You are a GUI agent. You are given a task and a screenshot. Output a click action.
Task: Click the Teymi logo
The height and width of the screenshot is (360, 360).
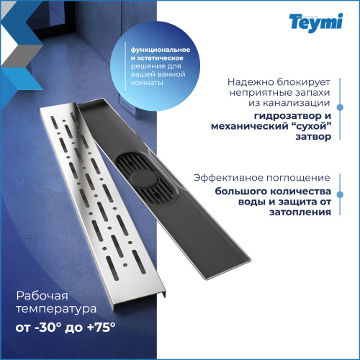(316, 23)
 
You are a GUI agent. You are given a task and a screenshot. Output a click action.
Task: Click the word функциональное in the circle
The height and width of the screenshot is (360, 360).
(161, 50)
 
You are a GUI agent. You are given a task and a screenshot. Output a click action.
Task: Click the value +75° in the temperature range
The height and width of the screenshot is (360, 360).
(102, 327)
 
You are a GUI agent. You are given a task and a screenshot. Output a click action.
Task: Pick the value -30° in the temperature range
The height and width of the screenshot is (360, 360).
(48, 327)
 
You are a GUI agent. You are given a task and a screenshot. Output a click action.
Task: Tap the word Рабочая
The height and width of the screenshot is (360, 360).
(42, 296)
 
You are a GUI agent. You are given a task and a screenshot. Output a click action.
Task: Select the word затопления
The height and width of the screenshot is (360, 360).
(300, 212)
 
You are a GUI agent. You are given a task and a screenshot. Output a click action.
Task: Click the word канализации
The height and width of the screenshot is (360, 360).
(289, 103)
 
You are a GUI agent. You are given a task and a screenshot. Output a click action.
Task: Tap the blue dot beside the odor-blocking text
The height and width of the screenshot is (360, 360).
(340, 107)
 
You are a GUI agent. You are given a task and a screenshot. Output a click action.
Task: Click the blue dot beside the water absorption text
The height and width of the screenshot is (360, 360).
(340, 194)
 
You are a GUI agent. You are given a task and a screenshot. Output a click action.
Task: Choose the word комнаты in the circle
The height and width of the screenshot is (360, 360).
(147, 83)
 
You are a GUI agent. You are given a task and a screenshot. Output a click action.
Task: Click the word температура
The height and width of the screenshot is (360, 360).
(56, 309)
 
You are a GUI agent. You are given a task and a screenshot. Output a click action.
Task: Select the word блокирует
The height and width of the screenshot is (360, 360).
(304, 82)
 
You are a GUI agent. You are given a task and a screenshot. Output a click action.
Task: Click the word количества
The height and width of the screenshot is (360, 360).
(301, 192)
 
